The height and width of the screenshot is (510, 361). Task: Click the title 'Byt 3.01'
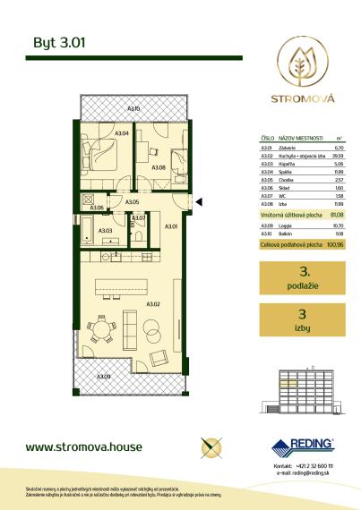53,41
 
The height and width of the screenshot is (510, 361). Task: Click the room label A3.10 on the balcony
133,109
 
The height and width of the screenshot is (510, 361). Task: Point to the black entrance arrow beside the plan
201,205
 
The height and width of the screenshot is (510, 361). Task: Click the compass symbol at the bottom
213,445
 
